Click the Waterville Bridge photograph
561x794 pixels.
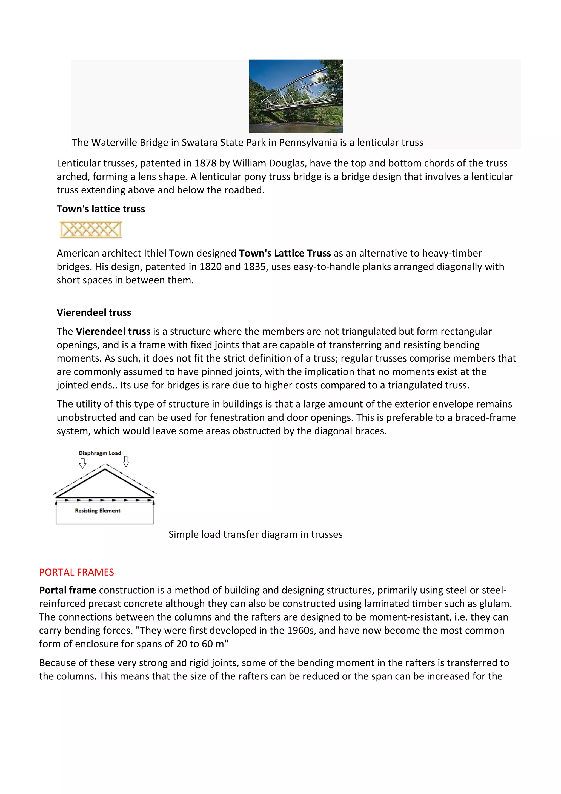pos(296,96)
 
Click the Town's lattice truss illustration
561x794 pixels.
pos(91,230)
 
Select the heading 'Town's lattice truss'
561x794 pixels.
pos(101,209)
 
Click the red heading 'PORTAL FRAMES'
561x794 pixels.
pos(76,572)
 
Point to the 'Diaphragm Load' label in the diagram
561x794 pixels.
pos(100,453)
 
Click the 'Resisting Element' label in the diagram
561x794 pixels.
pos(98,510)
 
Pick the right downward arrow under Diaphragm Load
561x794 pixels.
pos(126,462)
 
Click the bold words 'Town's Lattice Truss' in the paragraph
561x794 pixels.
pos(285,253)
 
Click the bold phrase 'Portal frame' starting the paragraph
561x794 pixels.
pos(67,590)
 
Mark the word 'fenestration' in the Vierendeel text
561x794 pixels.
pos(237,417)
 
